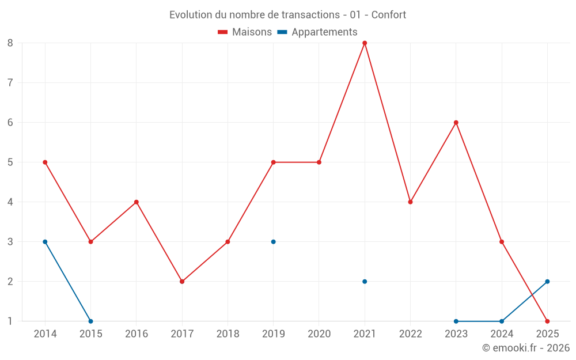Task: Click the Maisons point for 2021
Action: (x=365, y=43)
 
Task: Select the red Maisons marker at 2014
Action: (x=45, y=162)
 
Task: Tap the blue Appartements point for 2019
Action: (x=273, y=242)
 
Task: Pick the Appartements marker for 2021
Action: (x=365, y=282)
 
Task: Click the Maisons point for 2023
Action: (x=456, y=122)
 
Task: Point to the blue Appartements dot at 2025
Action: (x=547, y=282)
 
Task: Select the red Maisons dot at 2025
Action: (x=547, y=321)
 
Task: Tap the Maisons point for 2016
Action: (x=137, y=202)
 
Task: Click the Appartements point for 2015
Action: (x=90, y=321)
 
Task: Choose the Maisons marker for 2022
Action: (x=410, y=202)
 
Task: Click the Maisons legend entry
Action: (x=245, y=32)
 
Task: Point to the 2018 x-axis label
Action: (x=228, y=334)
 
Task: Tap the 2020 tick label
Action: (x=319, y=334)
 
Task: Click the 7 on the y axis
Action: (x=10, y=82)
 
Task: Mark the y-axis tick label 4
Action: (x=10, y=202)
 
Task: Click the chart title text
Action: (x=287, y=14)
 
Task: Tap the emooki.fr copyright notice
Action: (x=525, y=348)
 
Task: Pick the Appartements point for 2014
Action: (x=45, y=242)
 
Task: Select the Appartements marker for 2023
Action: (x=456, y=321)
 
